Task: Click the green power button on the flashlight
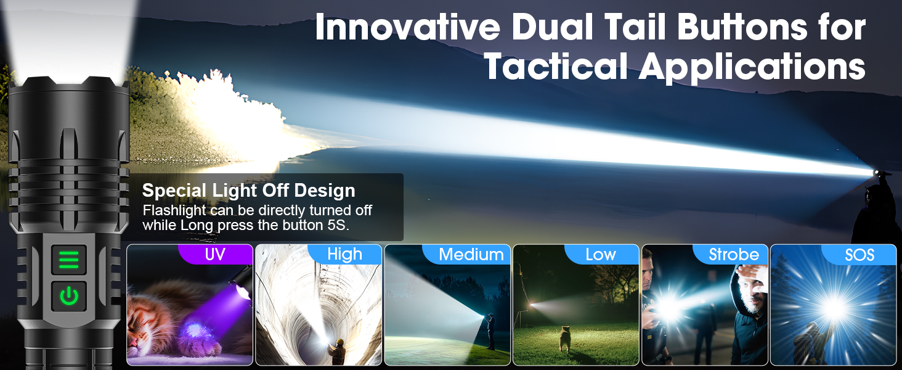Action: point(69,296)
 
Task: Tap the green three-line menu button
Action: point(69,260)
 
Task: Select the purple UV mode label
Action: point(216,254)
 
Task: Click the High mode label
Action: point(344,254)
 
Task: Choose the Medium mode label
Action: point(471,254)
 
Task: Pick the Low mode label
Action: point(601,254)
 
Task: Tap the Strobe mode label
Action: point(734,254)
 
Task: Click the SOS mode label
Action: point(859,254)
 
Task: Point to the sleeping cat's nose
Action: point(133,343)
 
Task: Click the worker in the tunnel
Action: point(338,351)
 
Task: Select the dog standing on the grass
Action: point(564,338)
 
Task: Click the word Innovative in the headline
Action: point(407,27)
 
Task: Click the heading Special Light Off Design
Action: point(248,190)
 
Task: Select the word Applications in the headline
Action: point(752,68)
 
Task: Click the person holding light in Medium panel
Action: point(490,331)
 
